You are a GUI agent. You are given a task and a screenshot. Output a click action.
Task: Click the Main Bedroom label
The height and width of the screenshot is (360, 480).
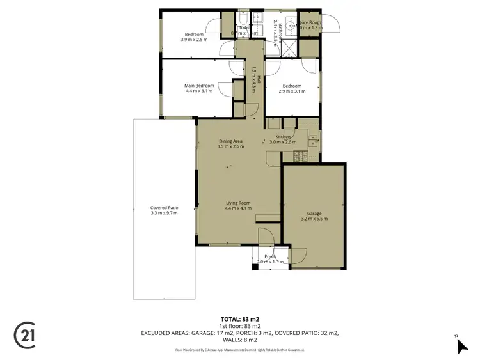point(199,86)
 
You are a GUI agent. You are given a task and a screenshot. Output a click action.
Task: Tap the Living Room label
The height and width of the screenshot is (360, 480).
point(237,203)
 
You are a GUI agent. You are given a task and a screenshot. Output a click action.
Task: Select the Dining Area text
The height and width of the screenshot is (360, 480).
point(231,141)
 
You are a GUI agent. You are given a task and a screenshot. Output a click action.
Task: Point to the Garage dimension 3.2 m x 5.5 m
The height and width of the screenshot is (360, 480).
point(314,219)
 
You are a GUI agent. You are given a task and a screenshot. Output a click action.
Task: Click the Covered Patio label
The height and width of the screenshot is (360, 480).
point(163,207)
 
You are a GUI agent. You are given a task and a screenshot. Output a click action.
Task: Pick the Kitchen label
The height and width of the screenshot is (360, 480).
point(284,137)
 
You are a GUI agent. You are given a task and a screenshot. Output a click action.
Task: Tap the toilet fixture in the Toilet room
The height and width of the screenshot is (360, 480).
point(244,19)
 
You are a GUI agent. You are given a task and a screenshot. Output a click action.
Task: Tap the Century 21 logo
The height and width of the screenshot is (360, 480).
point(26,334)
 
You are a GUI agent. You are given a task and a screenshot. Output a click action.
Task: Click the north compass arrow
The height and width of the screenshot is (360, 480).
point(463,346)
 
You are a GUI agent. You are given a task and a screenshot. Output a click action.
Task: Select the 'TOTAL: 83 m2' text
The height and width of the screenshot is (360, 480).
point(240,318)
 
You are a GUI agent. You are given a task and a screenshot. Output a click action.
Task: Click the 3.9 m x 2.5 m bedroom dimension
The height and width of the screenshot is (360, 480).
point(194,40)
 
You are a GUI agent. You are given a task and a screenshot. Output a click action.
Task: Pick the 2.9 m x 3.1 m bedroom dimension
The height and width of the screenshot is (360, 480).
point(291,91)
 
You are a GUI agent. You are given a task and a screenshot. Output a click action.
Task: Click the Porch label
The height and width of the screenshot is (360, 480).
point(270,256)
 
